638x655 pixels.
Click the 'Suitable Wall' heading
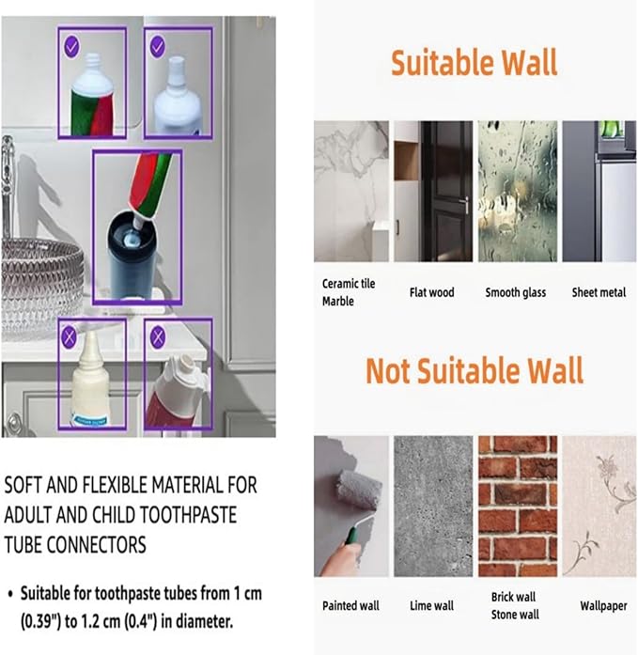coord(474,63)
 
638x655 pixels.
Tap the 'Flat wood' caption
coord(431,292)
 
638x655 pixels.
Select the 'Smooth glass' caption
coord(515,292)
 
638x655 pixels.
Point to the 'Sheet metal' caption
coord(599,292)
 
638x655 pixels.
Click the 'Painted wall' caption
coord(350,605)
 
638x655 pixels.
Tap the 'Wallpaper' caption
coord(602,605)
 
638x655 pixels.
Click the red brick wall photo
coord(517,506)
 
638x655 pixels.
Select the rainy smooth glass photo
coord(517,191)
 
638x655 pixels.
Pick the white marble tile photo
coord(350,191)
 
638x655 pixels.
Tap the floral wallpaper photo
coord(599,506)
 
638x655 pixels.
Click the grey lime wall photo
coord(433,506)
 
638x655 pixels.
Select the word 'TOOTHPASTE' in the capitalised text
coord(189,515)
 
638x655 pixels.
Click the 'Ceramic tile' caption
coord(349,284)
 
